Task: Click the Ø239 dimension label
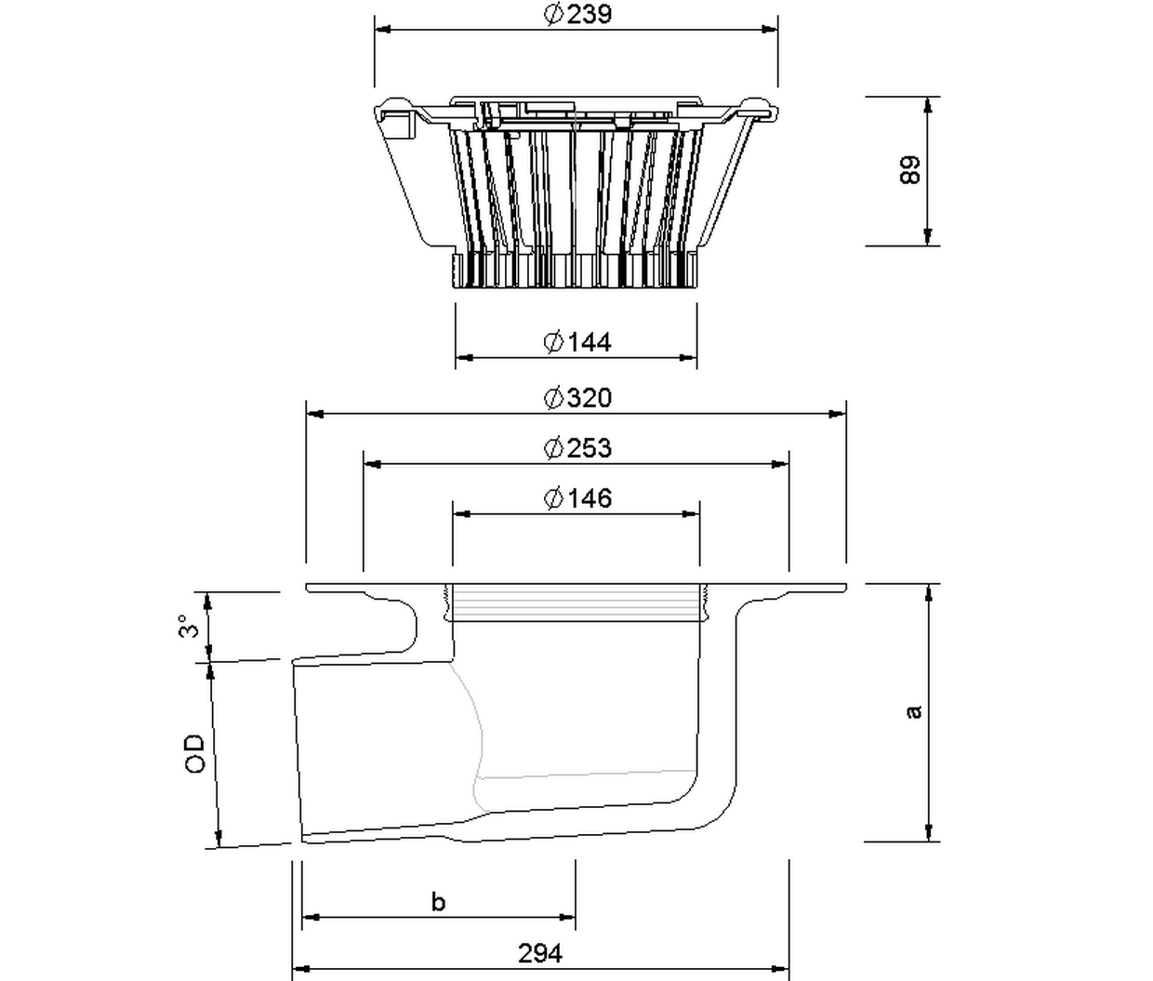point(577,14)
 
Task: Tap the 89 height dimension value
point(909,169)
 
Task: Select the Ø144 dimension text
point(577,342)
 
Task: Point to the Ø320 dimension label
point(577,398)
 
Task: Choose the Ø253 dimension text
point(577,448)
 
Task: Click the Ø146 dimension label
point(577,498)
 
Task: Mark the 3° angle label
point(190,626)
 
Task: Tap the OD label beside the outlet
point(194,753)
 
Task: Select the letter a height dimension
point(914,712)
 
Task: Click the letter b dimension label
point(439,902)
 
